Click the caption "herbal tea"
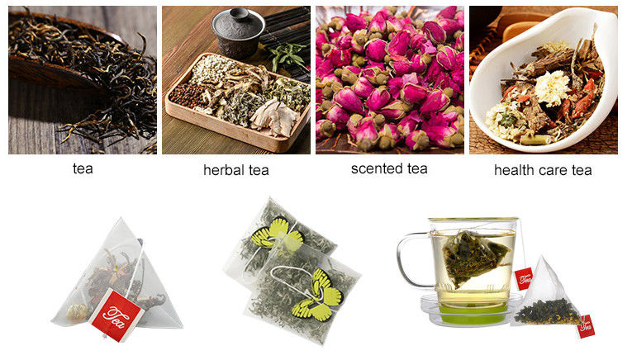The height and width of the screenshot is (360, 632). [x=235, y=170]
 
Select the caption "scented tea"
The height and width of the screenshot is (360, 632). [x=389, y=168]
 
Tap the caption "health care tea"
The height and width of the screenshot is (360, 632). [x=543, y=170]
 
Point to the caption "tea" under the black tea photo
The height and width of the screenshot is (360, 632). [x=83, y=168]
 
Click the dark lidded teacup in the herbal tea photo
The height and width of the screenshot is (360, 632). [x=238, y=32]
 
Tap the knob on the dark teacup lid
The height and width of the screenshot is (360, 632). [x=239, y=14]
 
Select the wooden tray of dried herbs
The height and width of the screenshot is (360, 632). [x=238, y=102]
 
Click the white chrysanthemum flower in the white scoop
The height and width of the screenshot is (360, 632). [x=552, y=88]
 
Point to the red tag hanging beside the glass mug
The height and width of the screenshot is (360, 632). [x=524, y=278]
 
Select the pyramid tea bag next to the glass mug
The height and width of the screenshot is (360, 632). [x=546, y=295]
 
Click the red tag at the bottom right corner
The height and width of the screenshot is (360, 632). [x=586, y=326]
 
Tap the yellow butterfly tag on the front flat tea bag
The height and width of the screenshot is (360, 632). [x=320, y=295]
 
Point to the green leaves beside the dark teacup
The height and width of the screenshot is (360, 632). [x=287, y=55]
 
